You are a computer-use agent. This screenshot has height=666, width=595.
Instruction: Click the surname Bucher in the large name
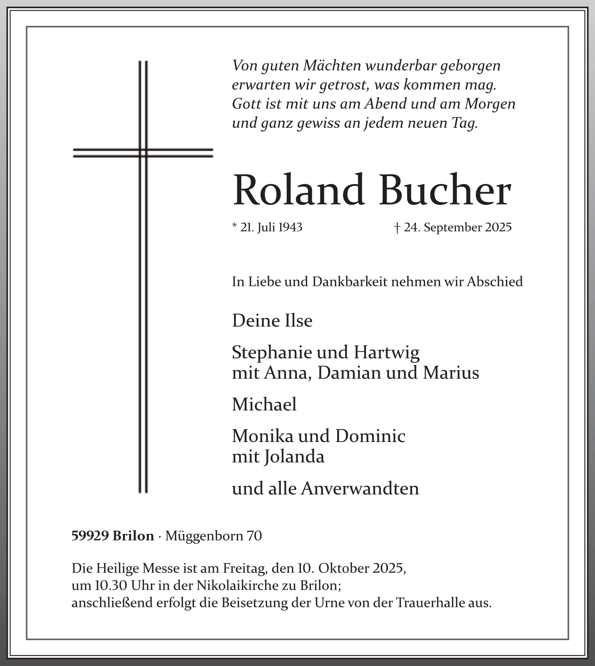(445, 190)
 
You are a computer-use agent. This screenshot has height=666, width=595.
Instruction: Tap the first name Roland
(299, 190)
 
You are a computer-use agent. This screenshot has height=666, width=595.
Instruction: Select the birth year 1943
(290, 227)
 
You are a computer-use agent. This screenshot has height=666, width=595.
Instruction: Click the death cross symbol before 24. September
(397, 228)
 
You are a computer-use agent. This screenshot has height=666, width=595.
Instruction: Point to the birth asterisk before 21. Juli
(235, 226)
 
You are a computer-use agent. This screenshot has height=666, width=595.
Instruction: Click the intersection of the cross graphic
(143, 153)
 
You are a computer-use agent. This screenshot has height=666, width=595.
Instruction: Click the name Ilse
(297, 321)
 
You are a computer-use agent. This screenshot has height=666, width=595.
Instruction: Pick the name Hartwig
(386, 353)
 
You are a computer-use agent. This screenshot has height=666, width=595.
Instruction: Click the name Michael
(264, 404)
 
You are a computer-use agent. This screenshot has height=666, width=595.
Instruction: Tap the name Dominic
(370, 436)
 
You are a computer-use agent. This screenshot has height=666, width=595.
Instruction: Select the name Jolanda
(294, 457)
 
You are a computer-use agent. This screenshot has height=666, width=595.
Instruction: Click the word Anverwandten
(360, 489)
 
